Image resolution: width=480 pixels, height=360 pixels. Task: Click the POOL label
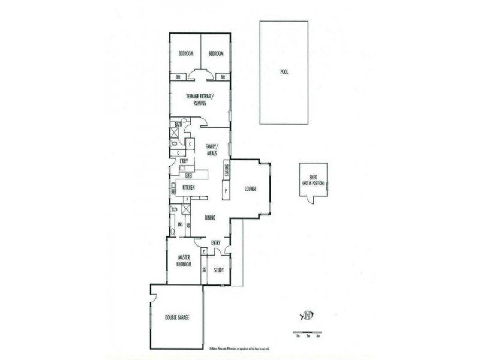click(284, 72)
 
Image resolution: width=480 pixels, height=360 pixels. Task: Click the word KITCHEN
click(188, 188)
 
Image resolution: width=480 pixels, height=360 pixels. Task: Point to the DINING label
click(210, 218)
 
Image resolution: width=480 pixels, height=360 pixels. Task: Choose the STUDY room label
click(218, 270)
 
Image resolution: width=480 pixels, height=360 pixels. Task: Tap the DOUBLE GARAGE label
click(177, 317)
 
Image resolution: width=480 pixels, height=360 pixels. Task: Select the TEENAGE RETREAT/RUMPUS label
click(200, 100)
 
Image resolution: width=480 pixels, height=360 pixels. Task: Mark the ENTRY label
click(216, 243)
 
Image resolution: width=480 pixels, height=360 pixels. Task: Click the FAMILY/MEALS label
click(211, 149)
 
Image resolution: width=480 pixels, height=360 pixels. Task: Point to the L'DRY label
click(184, 161)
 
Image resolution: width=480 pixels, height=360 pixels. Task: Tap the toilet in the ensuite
click(173, 210)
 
